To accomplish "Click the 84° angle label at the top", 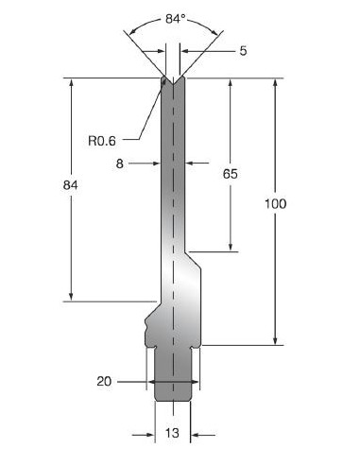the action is pos(175,19).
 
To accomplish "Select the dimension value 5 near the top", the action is pos(243,51).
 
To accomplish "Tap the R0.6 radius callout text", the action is pos(102,141).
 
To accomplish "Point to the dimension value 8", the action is pos(120,164).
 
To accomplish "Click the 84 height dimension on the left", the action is pos(70,185).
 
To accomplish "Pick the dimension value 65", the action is pos(231,174).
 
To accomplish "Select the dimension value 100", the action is pos(276,204).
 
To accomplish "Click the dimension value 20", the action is pos(104,382).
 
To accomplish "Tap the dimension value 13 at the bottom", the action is pos(172,433).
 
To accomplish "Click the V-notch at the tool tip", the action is pos(173,80).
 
